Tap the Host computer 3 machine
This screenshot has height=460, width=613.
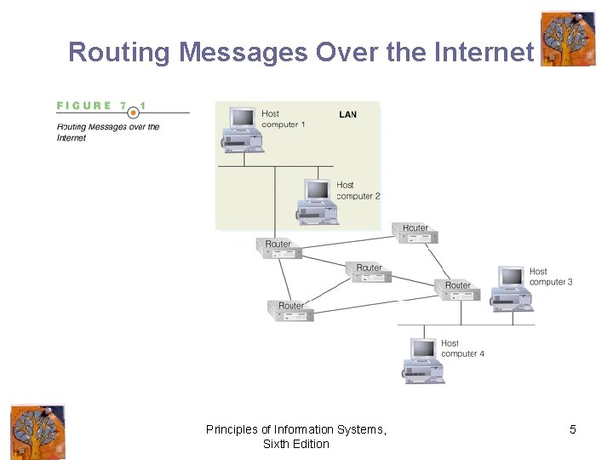pos(512,286)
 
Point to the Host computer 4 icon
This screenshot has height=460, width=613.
pos(424,359)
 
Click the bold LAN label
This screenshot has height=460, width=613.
pos(347,114)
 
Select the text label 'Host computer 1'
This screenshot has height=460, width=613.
pos(283,119)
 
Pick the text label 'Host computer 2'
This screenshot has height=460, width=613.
pos(358,190)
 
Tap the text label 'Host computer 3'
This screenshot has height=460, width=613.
pos(550,277)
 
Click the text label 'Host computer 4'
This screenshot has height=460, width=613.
pos(462,348)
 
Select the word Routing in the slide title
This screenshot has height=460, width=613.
pos(119,52)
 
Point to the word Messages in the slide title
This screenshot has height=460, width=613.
pos(243,52)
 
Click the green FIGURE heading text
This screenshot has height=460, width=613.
pos(84,106)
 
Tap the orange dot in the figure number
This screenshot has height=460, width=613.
pos(133,112)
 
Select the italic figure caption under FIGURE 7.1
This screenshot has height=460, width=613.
pos(108,132)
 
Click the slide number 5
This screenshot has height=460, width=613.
pos(572,429)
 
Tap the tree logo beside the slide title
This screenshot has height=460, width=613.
pos(568,38)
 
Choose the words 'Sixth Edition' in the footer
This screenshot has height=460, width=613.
pos(295,444)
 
